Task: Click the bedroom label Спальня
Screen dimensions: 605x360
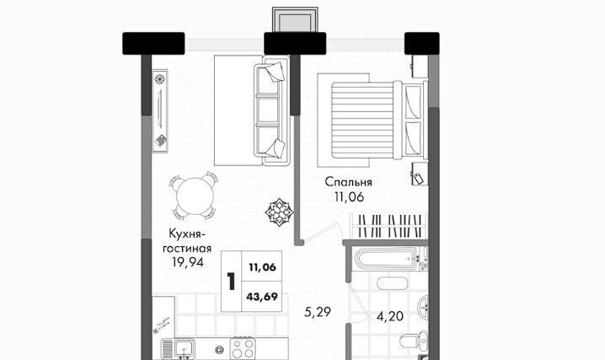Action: (348, 182)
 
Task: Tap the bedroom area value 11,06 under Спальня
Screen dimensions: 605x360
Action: (349, 197)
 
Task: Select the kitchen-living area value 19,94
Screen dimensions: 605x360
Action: (188, 263)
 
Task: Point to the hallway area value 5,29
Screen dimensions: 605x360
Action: (317, 312)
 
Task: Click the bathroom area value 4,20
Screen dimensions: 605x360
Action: (389, 316)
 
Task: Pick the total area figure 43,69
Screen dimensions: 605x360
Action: (262, 297)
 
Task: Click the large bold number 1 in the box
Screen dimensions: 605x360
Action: (231, 282)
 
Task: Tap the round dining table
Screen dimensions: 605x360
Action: (195, 196)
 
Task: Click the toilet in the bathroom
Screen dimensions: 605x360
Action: (413, 341)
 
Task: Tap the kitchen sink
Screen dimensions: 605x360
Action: (184, 348)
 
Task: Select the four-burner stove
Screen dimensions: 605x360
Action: (243, 348)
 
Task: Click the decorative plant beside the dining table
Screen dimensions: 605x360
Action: (280, 212)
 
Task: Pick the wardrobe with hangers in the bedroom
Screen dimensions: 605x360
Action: (389, 226)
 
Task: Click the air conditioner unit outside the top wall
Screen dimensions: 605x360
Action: (295, 19)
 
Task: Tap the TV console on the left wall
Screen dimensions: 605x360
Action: (160, 110)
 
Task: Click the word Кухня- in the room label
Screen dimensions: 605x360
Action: (185, 234)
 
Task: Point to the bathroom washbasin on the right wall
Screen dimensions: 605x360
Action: (423, 308)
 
